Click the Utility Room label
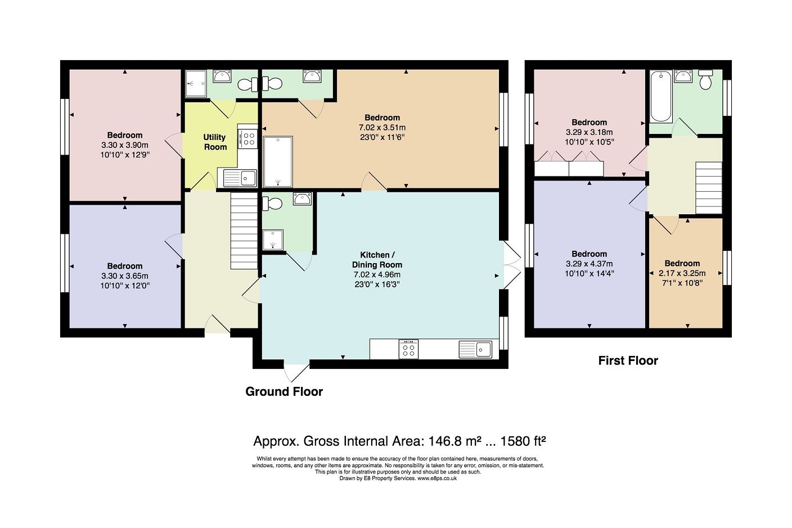tap(215, 142)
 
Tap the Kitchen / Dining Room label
tap(377, 260)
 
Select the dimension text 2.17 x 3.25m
tap(682, 273)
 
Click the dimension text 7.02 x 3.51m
tap(382, 127)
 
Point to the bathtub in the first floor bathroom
tap(661, 96)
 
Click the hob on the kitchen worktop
tap(408, 349)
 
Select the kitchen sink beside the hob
tap(475, 349)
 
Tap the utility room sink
tap(240, 178)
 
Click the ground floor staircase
tap(244, 231)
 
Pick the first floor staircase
tap(709, 188)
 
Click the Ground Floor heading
tap(284, 392)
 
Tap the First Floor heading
tap(628, 361)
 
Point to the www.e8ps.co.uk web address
tap(437, 479)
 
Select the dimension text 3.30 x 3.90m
tap(125, 145)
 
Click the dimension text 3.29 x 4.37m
tap(589, 264)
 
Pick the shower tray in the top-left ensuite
tap(196, 84)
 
